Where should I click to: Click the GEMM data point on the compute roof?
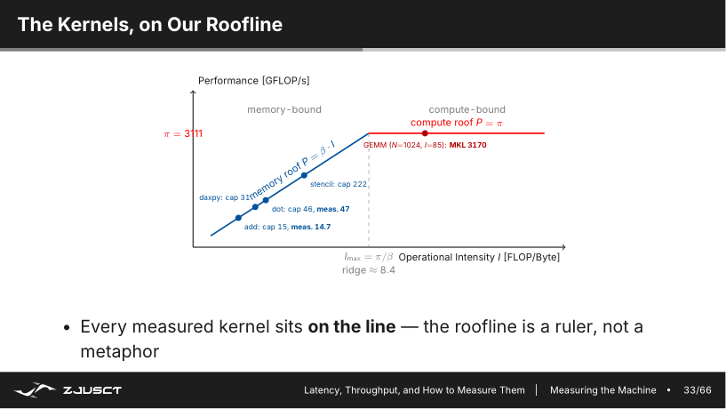[425, 133]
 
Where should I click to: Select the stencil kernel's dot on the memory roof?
[304, 175]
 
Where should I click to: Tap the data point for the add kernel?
[238, 218]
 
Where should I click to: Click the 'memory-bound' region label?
[284, 109]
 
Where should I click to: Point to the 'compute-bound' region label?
[467, 109]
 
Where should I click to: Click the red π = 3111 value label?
[183, 134]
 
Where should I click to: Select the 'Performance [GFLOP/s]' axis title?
[254, 81]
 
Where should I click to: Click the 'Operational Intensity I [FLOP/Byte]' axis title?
[479, 257]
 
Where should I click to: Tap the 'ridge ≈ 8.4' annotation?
[369, 270]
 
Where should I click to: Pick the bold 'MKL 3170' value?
[467, 145]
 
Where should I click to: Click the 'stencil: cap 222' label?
[339, 184]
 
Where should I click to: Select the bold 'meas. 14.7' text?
[311, 227]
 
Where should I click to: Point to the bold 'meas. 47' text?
[333, 209]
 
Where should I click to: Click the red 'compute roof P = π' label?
[457, 123]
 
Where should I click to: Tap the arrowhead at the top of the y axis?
[193, 92]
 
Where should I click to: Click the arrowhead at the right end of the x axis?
[563, 247]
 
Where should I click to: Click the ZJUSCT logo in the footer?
[68, 390]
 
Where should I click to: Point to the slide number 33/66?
[698, 390]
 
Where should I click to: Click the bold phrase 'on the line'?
[352, 326]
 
